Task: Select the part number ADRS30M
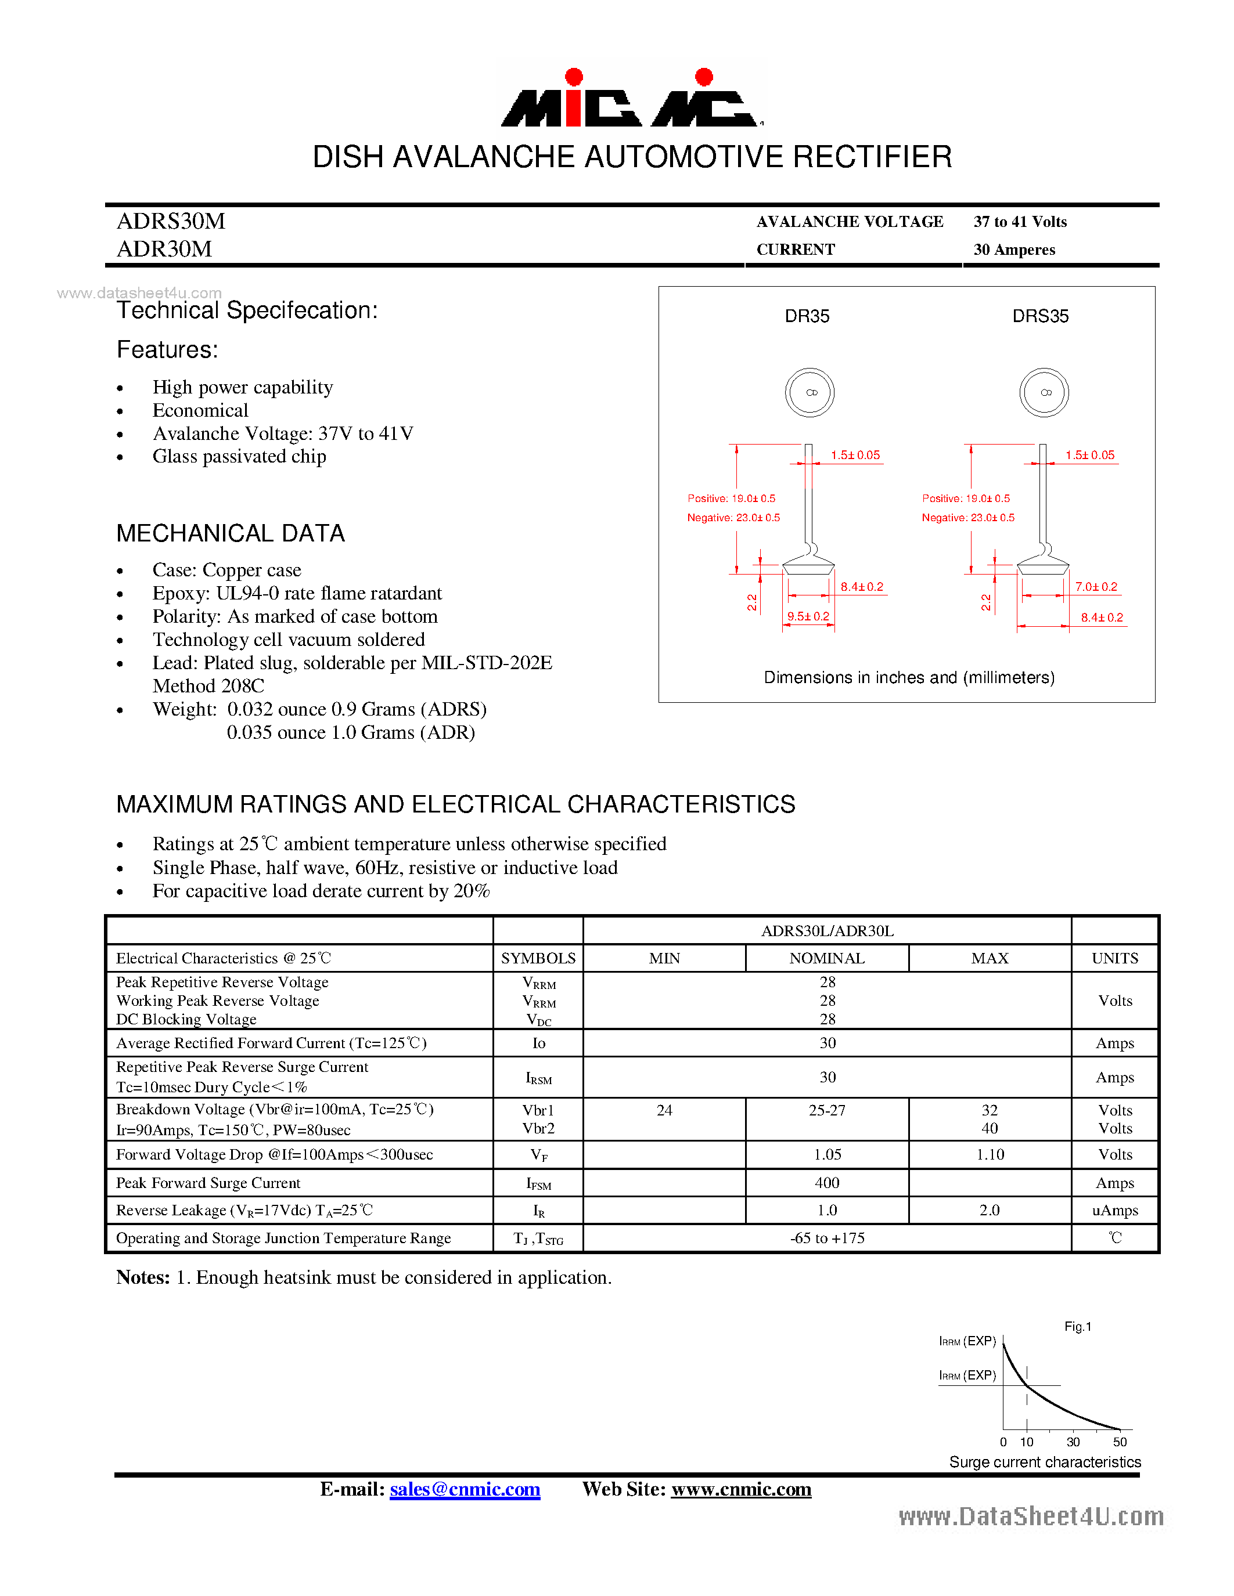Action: [171, 221]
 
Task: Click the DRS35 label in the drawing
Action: [1039, 316]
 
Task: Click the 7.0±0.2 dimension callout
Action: [1096, 587]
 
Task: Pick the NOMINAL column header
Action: [827, 958]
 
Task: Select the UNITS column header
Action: [1114, 958]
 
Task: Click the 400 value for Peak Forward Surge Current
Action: [827, 1182]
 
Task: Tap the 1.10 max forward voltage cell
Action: [990, 1154]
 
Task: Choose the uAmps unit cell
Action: [1114, 1210]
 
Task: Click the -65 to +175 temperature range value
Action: [827, 1238]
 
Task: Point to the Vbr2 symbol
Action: [538, 1128]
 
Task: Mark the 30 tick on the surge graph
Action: [1073, 1442]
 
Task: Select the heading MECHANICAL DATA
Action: [231, 533]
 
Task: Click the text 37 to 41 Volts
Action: [1020, 222]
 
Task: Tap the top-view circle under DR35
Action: [810, 392]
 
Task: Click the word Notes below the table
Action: [142, 1277]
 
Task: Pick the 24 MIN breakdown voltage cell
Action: [664, 1110]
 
